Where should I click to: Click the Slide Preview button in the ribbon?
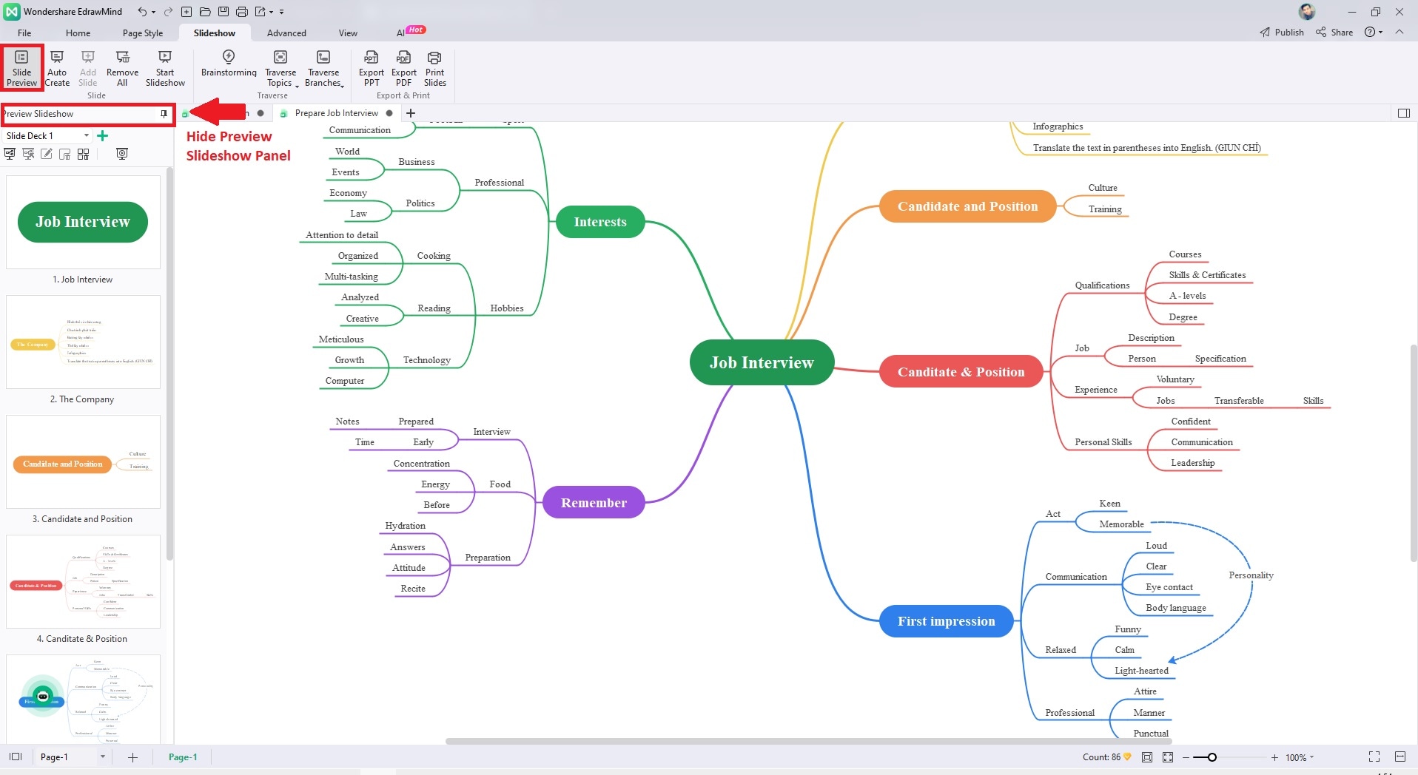pyautogui.click(x=22, y=67)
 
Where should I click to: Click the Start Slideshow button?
pyautogui.click(x=165, y=67)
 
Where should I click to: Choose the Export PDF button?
pyautogui.click(x=403, y=67)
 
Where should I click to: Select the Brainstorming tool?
pyautogui.click(x=229, y=63)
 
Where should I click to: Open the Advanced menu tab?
pyautogui.click(x=286, y=33)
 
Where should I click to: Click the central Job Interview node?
pyautogui.click(x=762, y=362)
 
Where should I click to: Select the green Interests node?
pyautogui.click(x=599, y=222)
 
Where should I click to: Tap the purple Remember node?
pyautogui.click(x=594, y=503)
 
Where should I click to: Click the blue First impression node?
pyautogui.click(x=946, y=621)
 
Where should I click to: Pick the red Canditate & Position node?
pyautogui.click(x=961, y=372)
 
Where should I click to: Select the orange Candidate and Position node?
pyautogui.click(x=967, y=206)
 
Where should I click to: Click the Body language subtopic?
pyautogui.click(x=1175, y=608)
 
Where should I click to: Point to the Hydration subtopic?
pyautogui.click(x=405, y=526)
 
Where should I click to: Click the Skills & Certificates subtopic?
pyautogui.click(x=1207, y=275)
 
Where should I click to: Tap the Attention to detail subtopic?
pyautogui.click(x=342, y=235)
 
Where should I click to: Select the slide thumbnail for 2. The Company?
pyautogui.click(x=83, y=342)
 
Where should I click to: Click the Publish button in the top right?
pyautogui.click(x=1282, y=33)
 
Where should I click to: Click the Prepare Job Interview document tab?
pyautogui.click(x=336, y=113)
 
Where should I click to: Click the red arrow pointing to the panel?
pyautogui.click(x=218, y=112)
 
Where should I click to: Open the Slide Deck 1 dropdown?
pyautogui.click(x=87, y=135)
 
